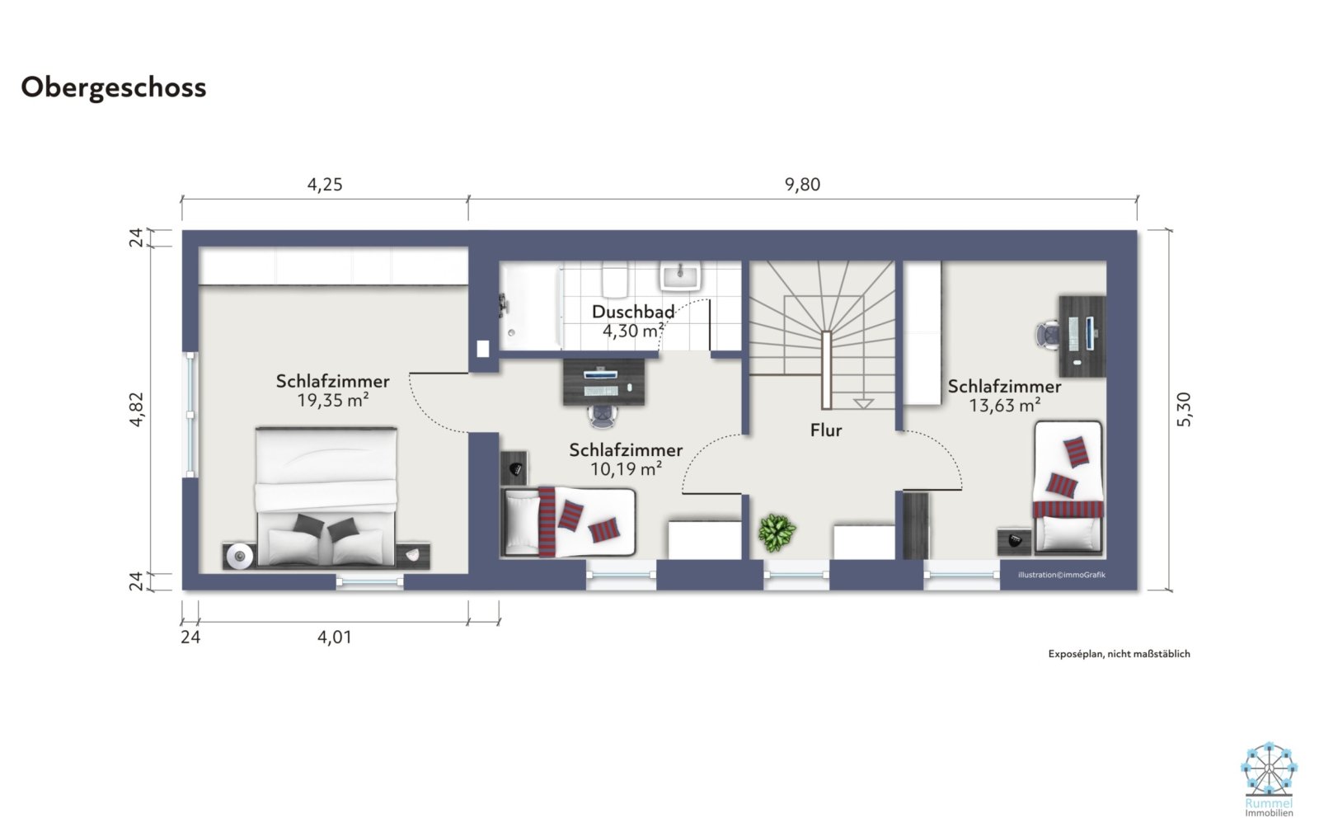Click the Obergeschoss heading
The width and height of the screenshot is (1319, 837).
click(114, 87)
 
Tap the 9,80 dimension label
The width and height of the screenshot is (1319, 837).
click(802, 185)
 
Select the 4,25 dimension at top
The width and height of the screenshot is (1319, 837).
click(325, 185)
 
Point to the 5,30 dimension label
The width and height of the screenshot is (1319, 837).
click(1184, 409)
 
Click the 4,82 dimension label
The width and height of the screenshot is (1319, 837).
click(137, 409)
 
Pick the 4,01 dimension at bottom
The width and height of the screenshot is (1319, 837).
click(335, 637)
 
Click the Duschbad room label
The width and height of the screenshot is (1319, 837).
click(633, 312)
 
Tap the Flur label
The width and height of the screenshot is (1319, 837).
click(826, 430)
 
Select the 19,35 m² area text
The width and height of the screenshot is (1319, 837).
click(333, 401)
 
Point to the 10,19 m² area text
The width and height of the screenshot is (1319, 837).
click(626, 469)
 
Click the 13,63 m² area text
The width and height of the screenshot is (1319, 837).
click(1005, 406)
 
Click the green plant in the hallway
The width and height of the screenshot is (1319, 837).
click(777, 533)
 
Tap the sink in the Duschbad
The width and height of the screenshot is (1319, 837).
click(680, 275)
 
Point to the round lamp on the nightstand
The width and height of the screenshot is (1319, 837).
click(240, 556)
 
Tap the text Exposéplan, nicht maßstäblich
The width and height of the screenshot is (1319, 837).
click(1119, 654)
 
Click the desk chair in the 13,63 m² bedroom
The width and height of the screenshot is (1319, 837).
click(1048, 336)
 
